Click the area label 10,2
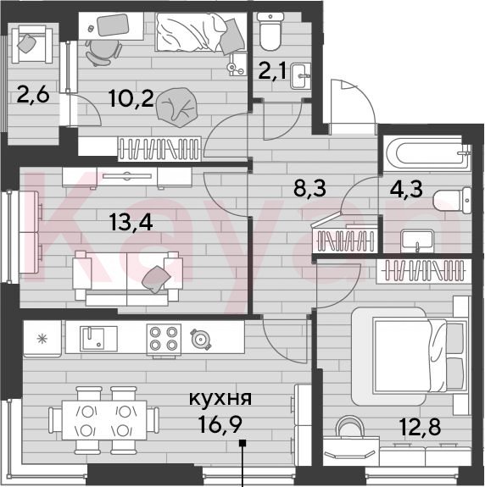(131, 98)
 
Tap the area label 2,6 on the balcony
(33, 94)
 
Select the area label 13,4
(131, 223)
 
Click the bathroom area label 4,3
(406, 189)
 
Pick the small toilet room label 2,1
(272, 71)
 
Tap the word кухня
(220, 398)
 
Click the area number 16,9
(220, 424)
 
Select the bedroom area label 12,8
(420, 426)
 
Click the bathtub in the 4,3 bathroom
(426, 153)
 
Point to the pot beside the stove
(200, 339)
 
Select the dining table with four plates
(104, 419)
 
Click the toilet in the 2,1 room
(270, 31)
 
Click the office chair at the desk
(103, 53)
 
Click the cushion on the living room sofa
(156, 279)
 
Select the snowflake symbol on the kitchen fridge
(42, 339)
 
